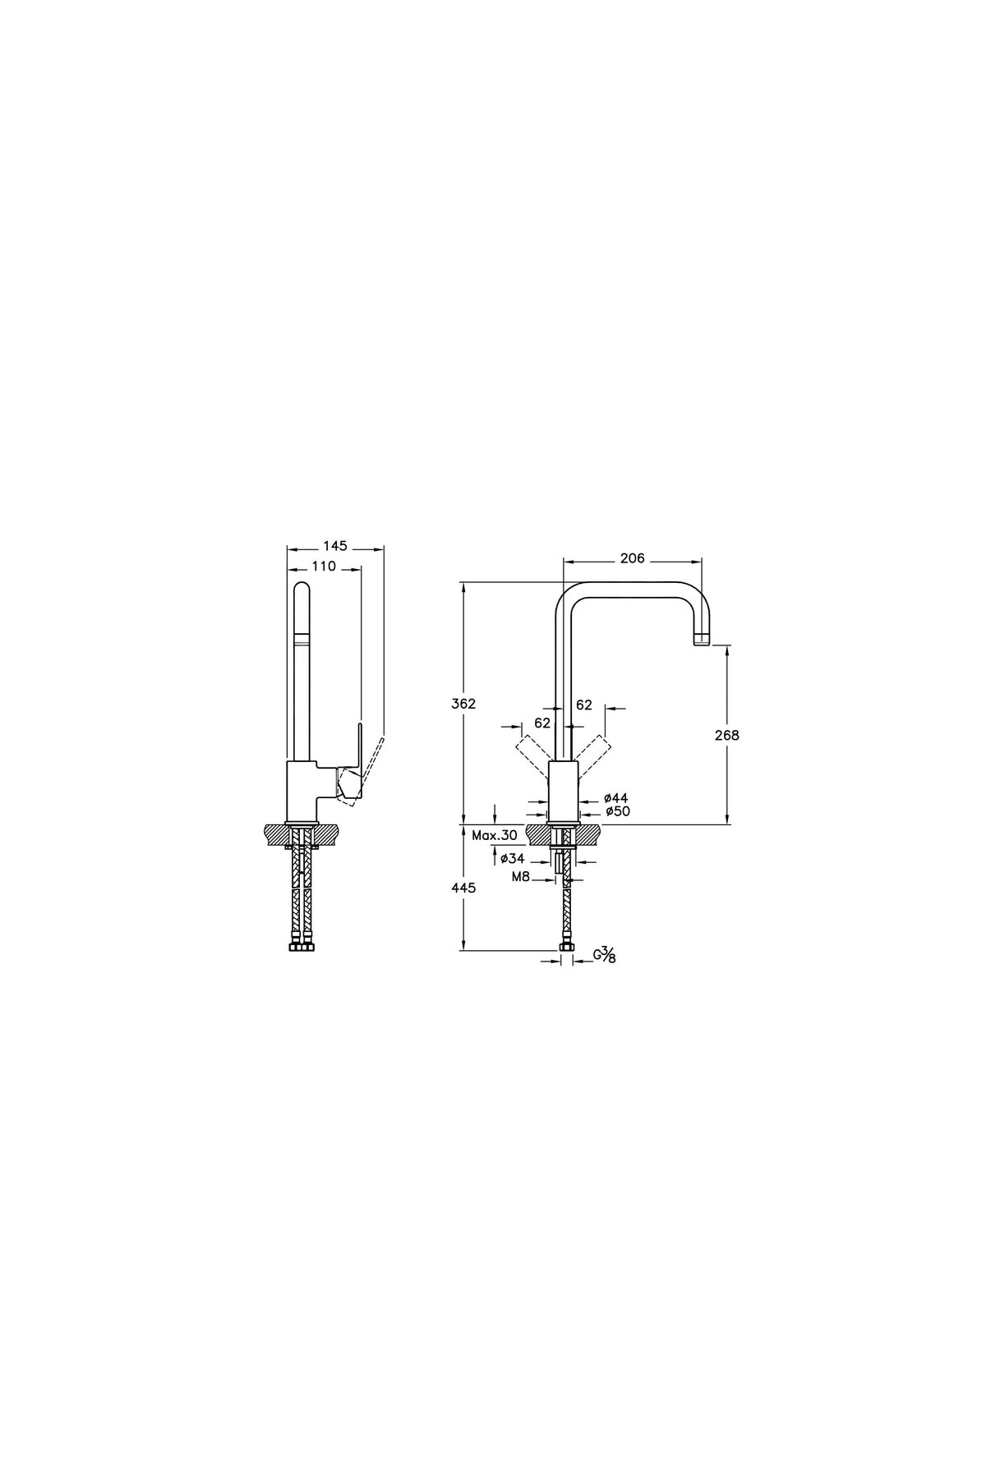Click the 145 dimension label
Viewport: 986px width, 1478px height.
(334, 545)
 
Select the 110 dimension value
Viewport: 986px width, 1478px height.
(324, 566)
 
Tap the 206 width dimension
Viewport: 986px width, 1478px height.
(632, 558)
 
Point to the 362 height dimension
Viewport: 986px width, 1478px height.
(463, 704)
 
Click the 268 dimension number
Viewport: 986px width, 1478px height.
(727, 735)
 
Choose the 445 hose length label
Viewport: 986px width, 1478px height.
(463, 888)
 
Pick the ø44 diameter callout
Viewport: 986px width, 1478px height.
(615, 797)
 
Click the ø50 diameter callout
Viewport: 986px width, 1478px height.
(617, 811)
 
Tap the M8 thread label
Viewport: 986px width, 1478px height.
(520, 877)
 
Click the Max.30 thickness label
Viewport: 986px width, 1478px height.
(495, 835)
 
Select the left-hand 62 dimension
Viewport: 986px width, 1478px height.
(542, 723)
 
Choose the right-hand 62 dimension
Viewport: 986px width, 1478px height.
(584, 705)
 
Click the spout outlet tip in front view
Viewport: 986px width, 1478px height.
(701, 640)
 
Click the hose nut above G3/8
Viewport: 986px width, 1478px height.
(565, 948)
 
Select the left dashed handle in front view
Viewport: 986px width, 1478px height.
(532, 754)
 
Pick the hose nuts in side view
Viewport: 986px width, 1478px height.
(302, 948)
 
